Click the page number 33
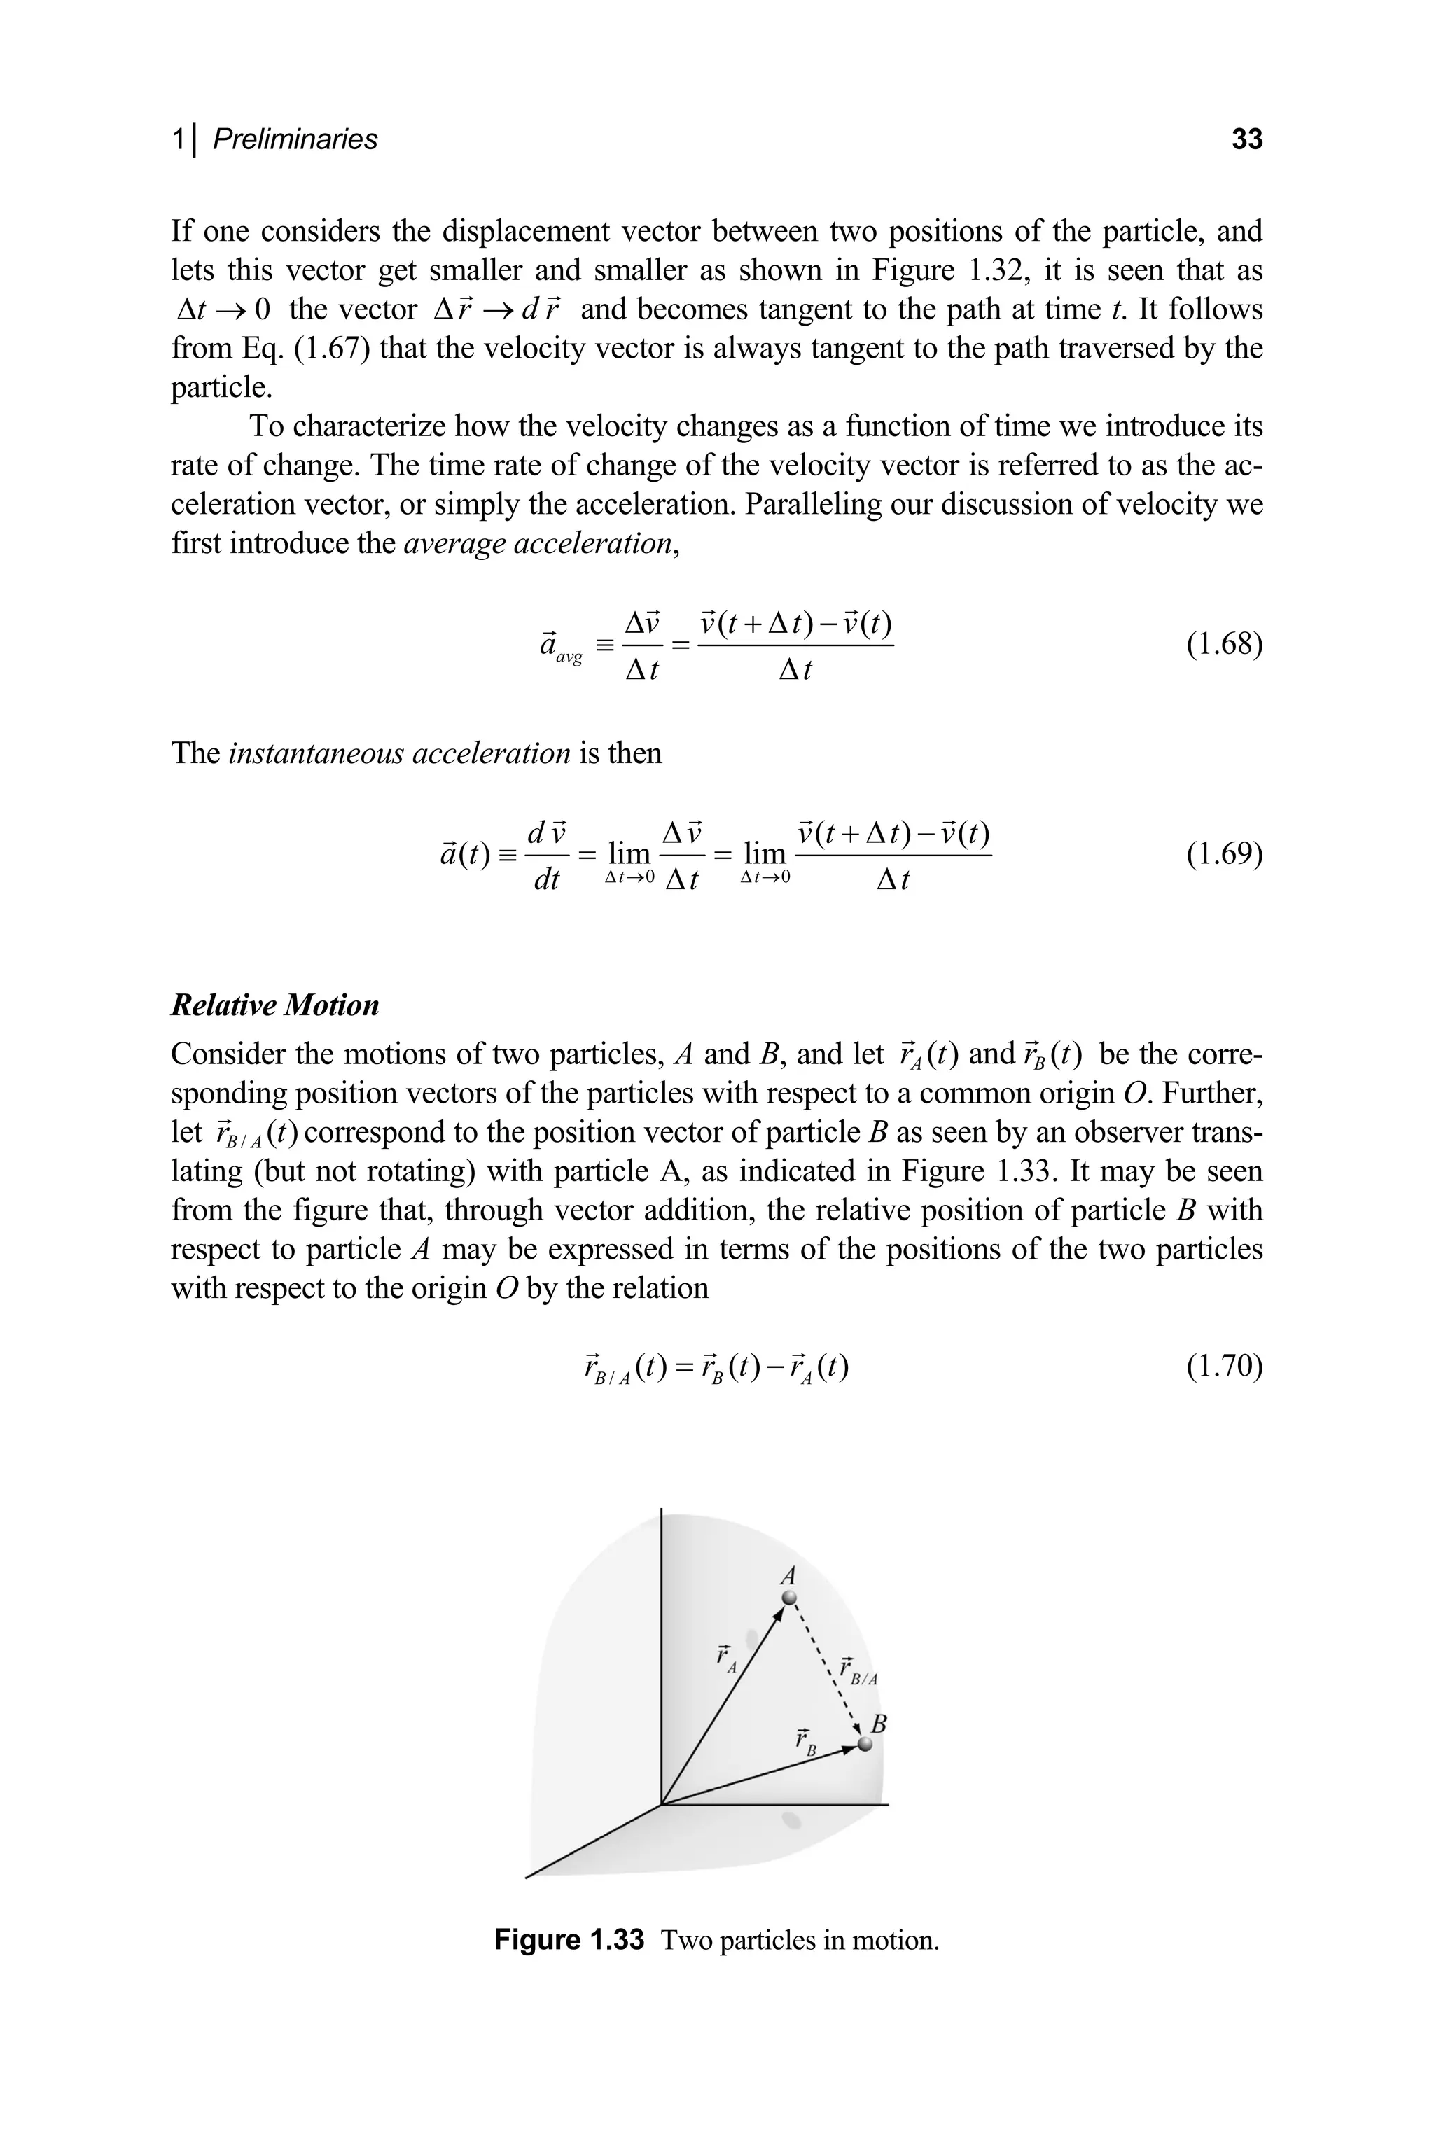(x=1246, y=139)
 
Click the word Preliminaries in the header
(x=295, y=139)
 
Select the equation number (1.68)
(x=1224, y=645)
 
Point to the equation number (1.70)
(x=1224, y=1367)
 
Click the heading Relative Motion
(x=274, y=1005)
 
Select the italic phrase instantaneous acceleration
(x=398, y=753)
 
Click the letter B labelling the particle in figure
(x=879, y=1724)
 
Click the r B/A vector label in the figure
(x=857, y=1670)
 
